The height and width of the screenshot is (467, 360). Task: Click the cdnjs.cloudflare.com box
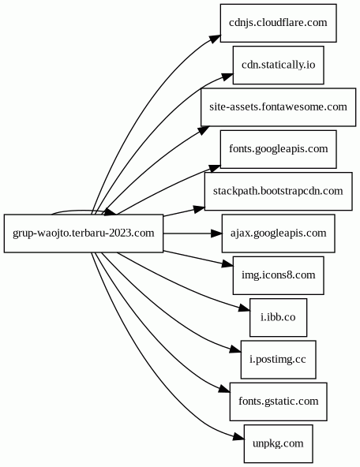pyautogui.click(x=279, y=23)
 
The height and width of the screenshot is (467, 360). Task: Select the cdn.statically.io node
pyautogui.click(x=279, y=65)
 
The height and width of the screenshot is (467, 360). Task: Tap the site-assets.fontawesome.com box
pyautogui.click(x=279, y=107)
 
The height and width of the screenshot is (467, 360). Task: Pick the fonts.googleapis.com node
pyautogui.click(x=279, y=149)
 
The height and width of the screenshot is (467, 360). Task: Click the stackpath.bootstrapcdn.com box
pyautogui.click(x=279, y=191)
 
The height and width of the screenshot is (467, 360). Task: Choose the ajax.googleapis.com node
pyautogui.click(x=279, y=233)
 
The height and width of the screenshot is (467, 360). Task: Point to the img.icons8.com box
pyautogui.click(x=279, y=275)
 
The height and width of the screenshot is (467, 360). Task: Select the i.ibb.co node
pyautogui.click(x=279, y=317)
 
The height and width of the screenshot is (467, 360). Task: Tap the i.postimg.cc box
pyautogui.click(x=279, y=360)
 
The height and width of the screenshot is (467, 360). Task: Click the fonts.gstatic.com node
pyautogui.click(x=279, y=402)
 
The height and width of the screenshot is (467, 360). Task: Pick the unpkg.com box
pyautogui.click(x=279, y=443)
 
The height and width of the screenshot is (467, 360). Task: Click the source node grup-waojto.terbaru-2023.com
pyautogui.click(x=84, y=233)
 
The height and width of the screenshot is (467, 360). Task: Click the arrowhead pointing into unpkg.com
pyautogui.click(x=238, y=436)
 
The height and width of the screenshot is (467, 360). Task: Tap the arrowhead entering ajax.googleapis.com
pyautogui.click(x=216, y=233)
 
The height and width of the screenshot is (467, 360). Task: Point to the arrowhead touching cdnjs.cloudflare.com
pyautogui.click(x=216, y=39)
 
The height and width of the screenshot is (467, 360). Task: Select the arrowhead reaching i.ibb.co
pyautogui.click(x=245, y=308)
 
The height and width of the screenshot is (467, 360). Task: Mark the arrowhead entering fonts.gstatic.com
pyautogui.click(x=224, y=389)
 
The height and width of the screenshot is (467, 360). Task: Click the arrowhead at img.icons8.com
pyautogui.click(x=227, y=263)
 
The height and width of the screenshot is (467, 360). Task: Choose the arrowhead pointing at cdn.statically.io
pyautogui.click(x=227, y=77)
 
